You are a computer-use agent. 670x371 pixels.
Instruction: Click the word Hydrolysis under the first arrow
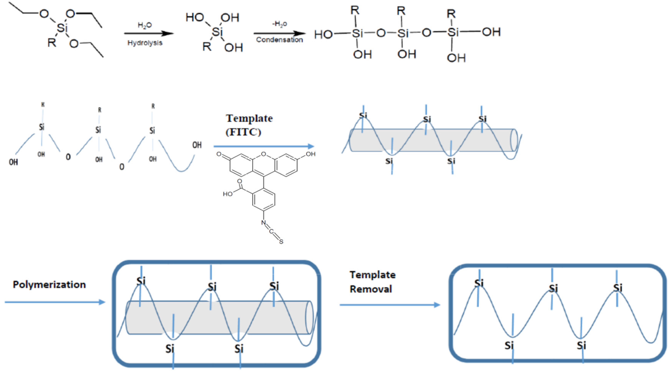145,43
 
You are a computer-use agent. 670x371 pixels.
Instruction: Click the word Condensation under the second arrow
279,40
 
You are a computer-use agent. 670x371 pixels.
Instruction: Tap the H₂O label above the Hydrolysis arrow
145,25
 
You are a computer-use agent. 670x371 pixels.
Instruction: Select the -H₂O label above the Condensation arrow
279,24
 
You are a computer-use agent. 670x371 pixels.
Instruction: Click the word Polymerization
49,285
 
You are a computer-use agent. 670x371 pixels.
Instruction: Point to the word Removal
371,289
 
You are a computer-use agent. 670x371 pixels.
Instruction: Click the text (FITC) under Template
243,132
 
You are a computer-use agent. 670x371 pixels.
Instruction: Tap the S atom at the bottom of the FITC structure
281,242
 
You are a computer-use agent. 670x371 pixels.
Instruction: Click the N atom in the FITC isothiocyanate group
263,223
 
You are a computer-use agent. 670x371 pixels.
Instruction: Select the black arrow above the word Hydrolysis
148,33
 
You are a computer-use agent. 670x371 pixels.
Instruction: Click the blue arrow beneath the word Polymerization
55,302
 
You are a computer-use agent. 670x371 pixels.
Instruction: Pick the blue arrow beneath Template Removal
390,305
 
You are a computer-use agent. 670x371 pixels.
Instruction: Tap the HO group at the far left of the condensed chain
323,34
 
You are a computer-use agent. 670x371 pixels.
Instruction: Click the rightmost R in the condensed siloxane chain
451,14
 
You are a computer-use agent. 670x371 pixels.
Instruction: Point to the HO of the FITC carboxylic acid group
228,194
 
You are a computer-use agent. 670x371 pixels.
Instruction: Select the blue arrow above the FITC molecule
264,147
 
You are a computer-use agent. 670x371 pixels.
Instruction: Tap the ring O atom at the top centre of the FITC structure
264,154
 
